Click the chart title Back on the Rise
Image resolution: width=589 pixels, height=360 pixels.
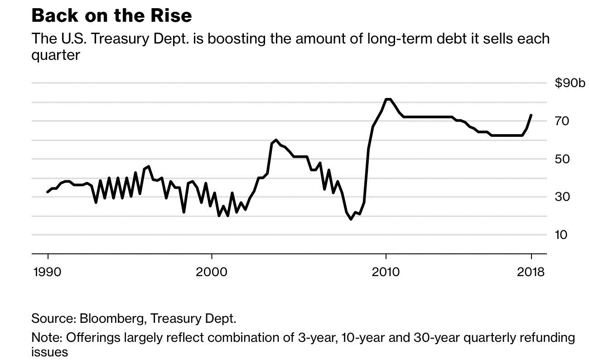(111, 16)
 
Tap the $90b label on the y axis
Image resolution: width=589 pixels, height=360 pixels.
(570, 83)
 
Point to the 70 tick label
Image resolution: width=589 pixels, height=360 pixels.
(563, 121)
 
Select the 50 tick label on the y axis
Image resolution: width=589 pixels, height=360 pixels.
(563, 159)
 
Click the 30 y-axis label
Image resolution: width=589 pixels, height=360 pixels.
(563, 197)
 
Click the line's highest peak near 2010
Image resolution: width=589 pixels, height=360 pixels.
(388, 99)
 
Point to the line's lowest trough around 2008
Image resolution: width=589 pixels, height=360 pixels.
(351, 219)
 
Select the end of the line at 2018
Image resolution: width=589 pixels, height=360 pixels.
(531, 115)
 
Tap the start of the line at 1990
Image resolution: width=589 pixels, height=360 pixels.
(47, 192)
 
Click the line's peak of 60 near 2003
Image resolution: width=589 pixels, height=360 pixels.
(276, 140)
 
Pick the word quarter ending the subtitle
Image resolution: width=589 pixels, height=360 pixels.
(55, 55)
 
